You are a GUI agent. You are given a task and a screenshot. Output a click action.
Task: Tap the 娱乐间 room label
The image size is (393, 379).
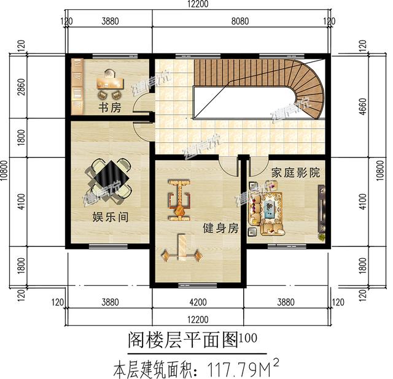[x=110, y=217]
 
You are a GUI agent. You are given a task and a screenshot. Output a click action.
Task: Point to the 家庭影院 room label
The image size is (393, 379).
[x=295, y=174]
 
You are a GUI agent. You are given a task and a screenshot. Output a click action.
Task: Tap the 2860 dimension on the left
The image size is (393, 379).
[x=21, y=90]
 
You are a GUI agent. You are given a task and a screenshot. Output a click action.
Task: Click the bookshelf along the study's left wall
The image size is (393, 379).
[x=77, y=86]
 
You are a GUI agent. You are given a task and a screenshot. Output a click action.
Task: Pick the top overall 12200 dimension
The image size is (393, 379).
[x=196, y=4]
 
